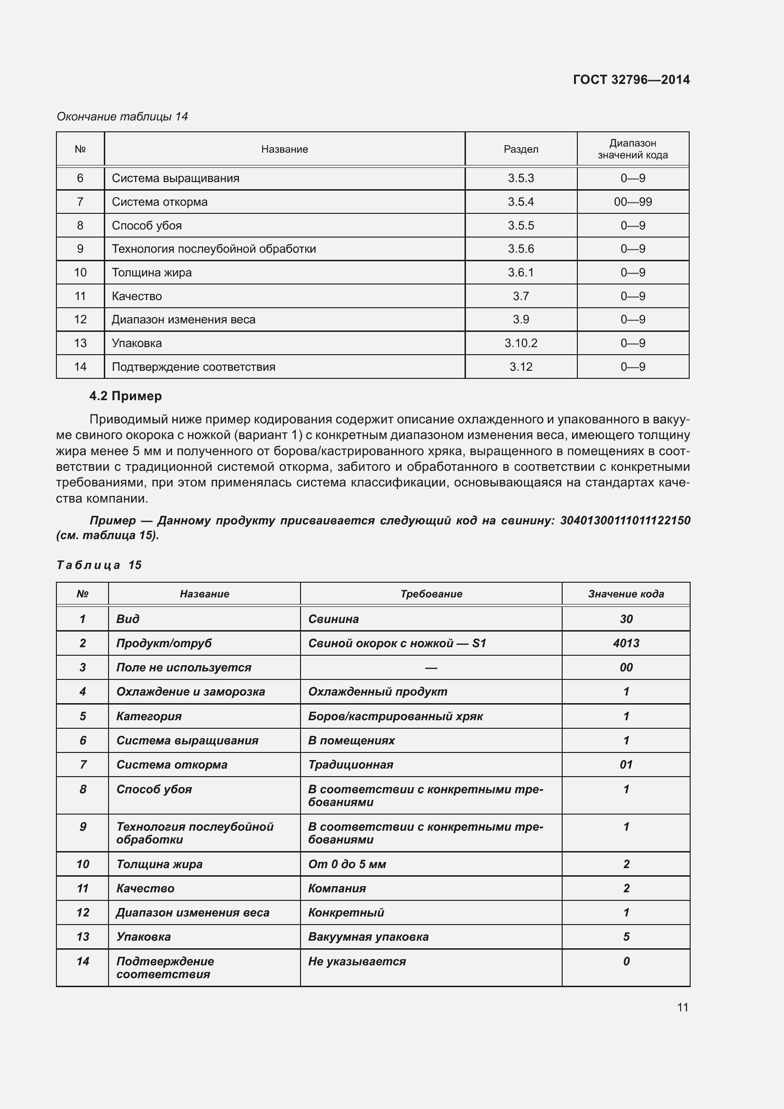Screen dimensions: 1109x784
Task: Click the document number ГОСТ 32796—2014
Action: tap(631, 80)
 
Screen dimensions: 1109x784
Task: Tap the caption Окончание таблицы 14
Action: tap(122, 117)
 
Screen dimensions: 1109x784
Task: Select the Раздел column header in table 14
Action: tap(520, 149)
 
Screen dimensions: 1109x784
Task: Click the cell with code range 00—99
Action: tap(632, 202)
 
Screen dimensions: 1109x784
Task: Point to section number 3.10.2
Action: tap(520, 343)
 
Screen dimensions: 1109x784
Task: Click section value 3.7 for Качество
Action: tap(520, 296)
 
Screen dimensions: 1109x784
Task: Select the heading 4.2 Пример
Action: tap(126, 396)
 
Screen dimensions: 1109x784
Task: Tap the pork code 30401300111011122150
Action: tap(625, 520)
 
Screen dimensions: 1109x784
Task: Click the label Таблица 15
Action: tap(99, 565)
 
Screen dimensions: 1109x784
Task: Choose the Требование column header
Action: tap(430, 594)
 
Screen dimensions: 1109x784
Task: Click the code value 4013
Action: tap(626, 643)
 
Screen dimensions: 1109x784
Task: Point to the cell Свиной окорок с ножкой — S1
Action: tap(397, 643)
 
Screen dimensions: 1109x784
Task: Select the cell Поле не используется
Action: tap(183, 667)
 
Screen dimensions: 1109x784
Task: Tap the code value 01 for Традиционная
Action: tap(626, 764)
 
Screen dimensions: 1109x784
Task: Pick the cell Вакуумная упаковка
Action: tap(368, 936)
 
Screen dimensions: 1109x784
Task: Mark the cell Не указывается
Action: tap(357, 961)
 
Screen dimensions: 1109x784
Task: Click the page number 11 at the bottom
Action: tap(682, 1007)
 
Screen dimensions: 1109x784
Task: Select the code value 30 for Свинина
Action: tap(626, 619)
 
